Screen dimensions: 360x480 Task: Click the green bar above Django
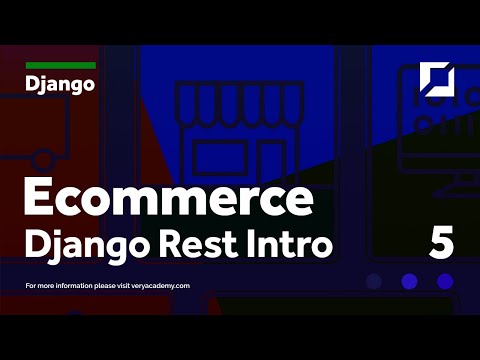[60, 65]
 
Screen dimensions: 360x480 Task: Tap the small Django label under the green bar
[60, 83]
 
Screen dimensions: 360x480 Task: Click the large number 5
[441, 242]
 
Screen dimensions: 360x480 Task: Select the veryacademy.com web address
[158, 285]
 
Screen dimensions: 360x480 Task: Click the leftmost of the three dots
[375, 281]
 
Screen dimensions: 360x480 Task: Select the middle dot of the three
[409, 281]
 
